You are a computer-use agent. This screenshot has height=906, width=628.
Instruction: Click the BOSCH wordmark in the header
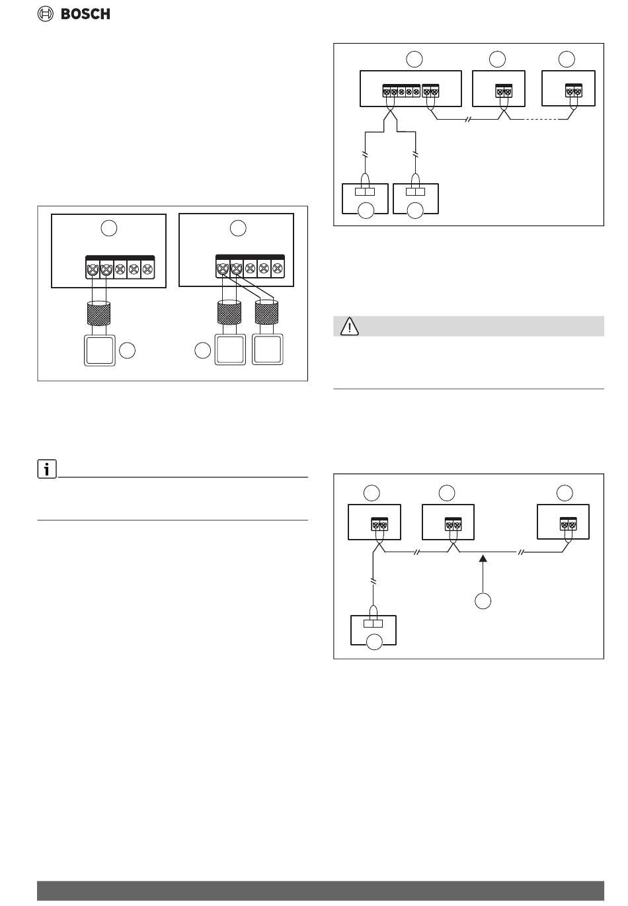tap(85, 14)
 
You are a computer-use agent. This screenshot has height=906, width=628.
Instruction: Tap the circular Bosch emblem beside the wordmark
tap(46, 14)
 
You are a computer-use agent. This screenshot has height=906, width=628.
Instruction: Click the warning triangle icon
tap(349, 327)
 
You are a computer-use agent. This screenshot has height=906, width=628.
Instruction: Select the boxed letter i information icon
tap(46, 470)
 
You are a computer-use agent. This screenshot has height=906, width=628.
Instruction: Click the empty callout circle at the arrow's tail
tap(483, 600)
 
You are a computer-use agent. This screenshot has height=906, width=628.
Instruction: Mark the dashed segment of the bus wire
tap(544, 120)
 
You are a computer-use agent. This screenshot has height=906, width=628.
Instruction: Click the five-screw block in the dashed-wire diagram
tap(402, 92)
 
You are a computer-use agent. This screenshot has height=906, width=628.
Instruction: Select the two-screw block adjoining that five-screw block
tap(431, 92)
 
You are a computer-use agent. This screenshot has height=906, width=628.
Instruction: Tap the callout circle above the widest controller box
tap(414, 59)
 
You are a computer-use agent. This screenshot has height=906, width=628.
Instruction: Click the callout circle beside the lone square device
tap(128, 351)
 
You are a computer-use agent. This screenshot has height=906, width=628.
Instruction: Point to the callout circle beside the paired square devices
tap(203, 351)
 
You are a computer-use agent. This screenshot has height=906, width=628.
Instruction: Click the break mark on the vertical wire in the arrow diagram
tap(373, 581)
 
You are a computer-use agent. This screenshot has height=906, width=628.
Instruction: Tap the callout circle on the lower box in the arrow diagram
tap(374, 641)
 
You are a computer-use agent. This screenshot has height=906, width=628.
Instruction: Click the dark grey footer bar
tap(321, 890)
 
